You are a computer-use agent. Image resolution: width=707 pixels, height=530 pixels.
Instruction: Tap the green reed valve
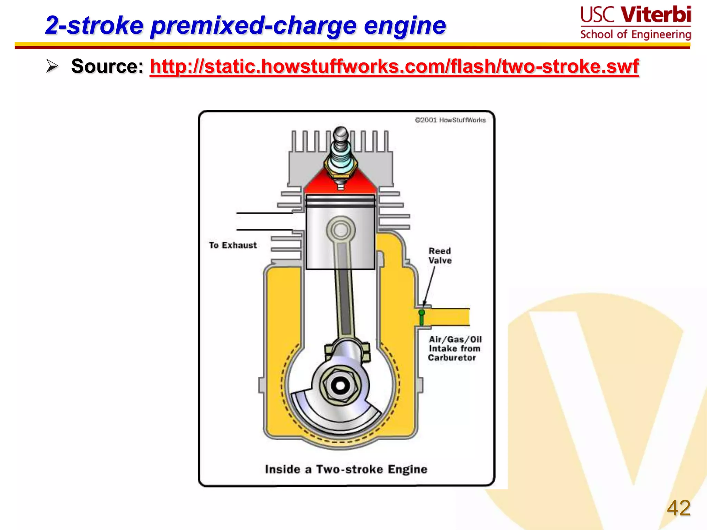pos(422,317)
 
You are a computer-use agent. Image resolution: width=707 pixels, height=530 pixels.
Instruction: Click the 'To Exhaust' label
pos(233,245)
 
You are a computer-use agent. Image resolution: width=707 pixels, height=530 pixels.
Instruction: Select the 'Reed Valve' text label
pos(440,256)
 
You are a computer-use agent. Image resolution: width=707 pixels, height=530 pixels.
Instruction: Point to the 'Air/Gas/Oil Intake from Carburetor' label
pos(454,349)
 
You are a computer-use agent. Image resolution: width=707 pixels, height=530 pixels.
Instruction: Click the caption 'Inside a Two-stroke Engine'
pos(346,469)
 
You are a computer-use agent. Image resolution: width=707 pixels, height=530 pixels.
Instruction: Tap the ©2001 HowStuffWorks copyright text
pos(450,120)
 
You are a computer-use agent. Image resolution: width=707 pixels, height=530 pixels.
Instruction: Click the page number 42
pos(678,508)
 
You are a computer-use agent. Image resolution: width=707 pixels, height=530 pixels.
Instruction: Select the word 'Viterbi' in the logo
pos(656,15)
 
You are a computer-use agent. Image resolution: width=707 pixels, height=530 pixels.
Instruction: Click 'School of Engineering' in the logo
pos(635,35)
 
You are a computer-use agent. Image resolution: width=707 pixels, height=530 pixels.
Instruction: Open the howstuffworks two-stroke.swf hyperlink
pos(394,66)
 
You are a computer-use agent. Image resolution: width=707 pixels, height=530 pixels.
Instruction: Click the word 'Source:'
pos(107,66)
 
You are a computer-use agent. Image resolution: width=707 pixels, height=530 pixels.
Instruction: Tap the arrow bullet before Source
pos(52,66)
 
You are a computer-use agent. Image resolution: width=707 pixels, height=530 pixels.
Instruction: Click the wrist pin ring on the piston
pos(341,229)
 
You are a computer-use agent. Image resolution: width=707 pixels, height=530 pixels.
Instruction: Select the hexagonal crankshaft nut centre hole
pos(340,386)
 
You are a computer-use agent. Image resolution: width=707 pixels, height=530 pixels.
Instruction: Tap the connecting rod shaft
pos(344,293)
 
